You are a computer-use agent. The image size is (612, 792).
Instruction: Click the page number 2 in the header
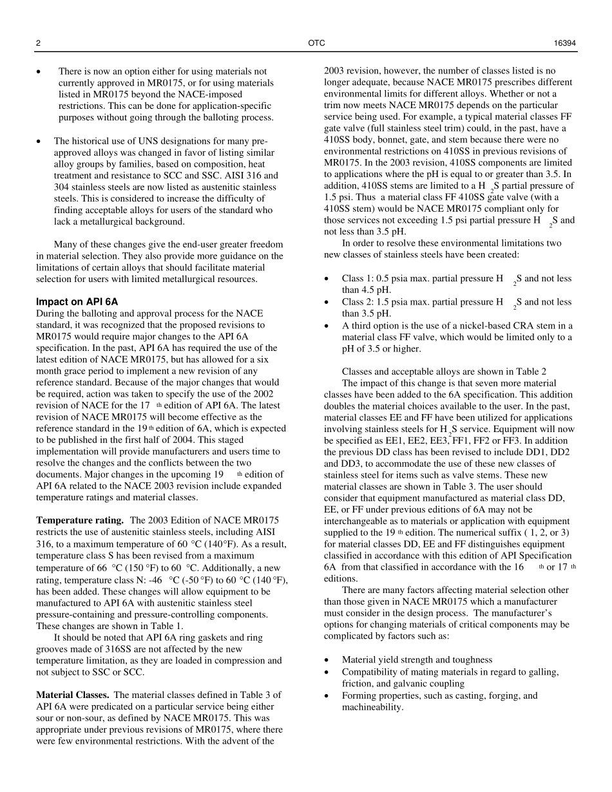coord(38,43)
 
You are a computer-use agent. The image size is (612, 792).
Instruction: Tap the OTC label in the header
coord(317,43)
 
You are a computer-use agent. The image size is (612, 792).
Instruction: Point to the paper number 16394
coord(564,43)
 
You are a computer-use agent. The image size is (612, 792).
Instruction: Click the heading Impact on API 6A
coord(77,302)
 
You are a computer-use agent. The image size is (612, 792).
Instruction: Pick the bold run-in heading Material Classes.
coord(72,695)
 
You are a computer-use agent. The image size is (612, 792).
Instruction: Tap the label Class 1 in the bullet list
coord(355,279)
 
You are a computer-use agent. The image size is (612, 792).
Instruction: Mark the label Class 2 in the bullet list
coord(355,302)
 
